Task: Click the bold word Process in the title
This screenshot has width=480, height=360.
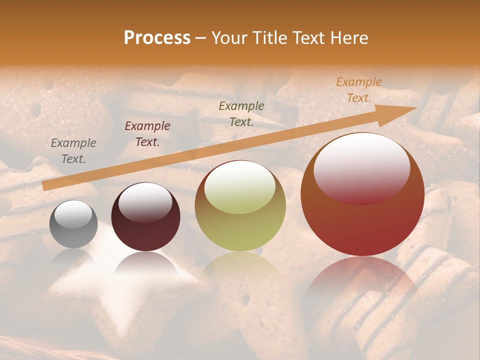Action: [x=157, y=38]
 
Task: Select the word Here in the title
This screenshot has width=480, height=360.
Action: [x=348, y=38]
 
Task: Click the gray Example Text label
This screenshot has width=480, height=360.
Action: [x=73, y=151]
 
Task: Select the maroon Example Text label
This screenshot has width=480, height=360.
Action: [x=147, y=134]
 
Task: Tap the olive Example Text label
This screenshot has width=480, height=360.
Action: [x=241, y=114]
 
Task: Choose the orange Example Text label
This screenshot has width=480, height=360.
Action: [x=359, y=90]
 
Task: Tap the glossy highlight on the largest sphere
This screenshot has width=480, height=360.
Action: [x=361, y=167]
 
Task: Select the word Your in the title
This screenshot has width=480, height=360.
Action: [x=228, y=38]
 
